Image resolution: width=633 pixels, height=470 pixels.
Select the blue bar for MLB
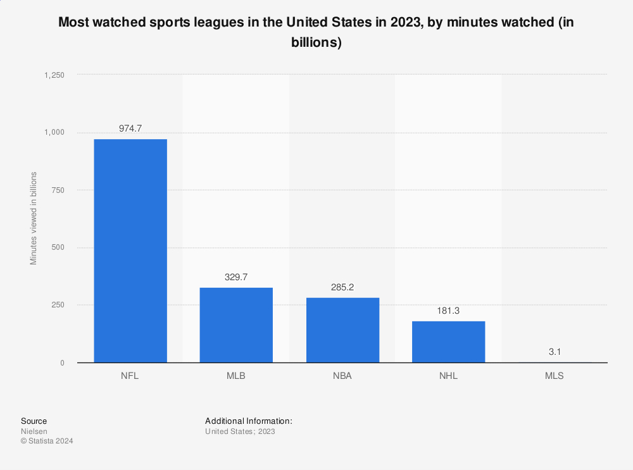[236, 325]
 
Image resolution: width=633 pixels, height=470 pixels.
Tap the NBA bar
[342, 330]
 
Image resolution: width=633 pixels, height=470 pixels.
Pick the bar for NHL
[448, 342]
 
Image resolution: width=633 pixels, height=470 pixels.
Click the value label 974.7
[130, 128]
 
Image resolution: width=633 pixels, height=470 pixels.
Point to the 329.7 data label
[236, 276]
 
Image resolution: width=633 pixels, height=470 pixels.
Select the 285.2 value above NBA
[342, 287]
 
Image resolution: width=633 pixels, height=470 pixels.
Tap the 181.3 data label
[448, 310]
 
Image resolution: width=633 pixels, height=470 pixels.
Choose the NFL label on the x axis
[130, 375]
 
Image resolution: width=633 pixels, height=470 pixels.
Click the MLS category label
[555, 375]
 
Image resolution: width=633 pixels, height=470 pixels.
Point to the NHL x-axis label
[448, 375]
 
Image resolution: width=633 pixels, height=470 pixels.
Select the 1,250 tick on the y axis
[54, 75]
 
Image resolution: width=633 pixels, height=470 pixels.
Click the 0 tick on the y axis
[61, 362]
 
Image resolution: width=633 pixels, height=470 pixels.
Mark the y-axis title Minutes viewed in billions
[34, 218]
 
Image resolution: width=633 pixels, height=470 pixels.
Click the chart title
[316, 32]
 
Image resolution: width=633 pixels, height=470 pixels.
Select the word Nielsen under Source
[34, 431]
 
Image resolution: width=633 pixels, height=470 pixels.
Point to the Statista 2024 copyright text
[47, 442]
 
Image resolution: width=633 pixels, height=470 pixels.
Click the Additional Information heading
[248, 421]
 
